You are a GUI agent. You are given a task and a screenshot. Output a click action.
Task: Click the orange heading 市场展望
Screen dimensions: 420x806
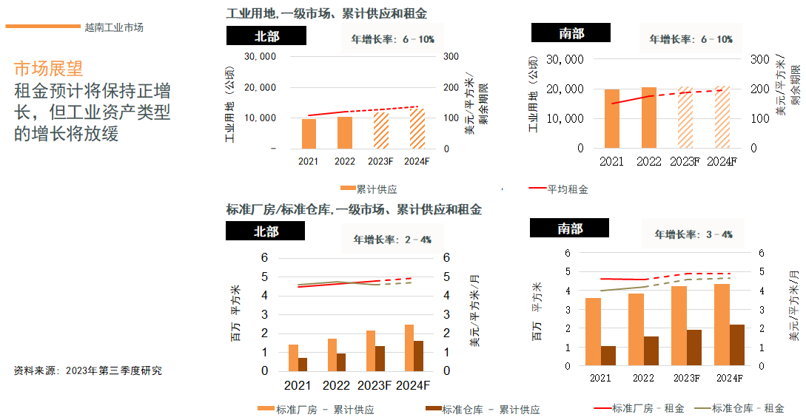coord(48,69)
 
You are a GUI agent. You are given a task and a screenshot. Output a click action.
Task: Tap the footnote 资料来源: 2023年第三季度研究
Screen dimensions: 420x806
coord(87,370)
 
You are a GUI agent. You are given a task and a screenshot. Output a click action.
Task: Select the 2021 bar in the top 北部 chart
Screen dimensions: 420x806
coord(308,133)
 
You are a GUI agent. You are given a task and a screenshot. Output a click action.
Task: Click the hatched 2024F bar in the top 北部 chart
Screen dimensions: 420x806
coord(417,128)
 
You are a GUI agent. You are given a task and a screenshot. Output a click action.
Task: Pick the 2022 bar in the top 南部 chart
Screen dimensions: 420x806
coord(648,118)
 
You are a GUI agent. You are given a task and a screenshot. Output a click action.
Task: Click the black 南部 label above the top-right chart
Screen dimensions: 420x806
coord(571,33)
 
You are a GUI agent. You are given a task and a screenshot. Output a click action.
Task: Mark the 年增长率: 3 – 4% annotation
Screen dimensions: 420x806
coord(694,234)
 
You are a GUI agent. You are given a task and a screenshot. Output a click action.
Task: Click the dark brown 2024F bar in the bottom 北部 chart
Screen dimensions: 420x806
coord(418,356)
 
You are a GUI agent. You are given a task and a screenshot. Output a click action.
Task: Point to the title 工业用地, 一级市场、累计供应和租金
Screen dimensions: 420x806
coord(326,14)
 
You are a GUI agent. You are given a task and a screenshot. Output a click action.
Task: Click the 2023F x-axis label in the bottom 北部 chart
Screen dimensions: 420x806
coord(375,385)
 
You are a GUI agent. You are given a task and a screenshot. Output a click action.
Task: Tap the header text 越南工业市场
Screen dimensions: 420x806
coord(114,27)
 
